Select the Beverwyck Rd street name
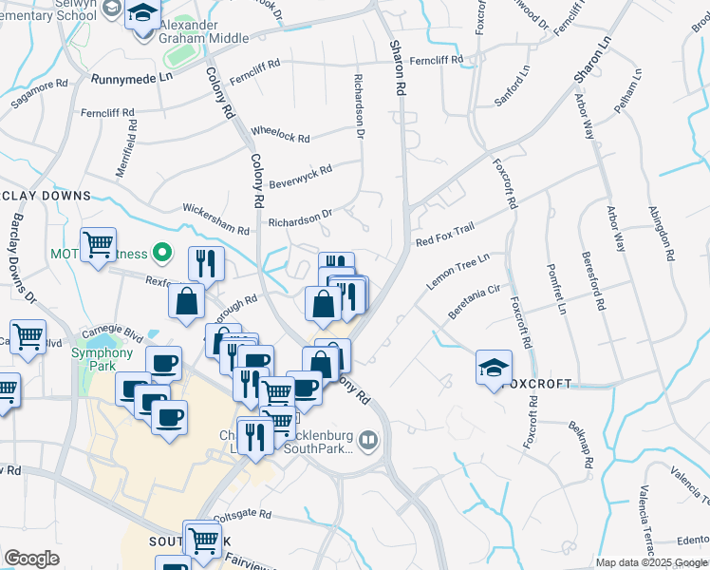[x=300, y=176]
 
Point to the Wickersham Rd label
[x=215, y=218]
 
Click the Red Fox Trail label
[x=444, y=235]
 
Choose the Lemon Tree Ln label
[x=458, y=272]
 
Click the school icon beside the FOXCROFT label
[x=493, y=367]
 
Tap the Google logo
[x=31, y=559]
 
